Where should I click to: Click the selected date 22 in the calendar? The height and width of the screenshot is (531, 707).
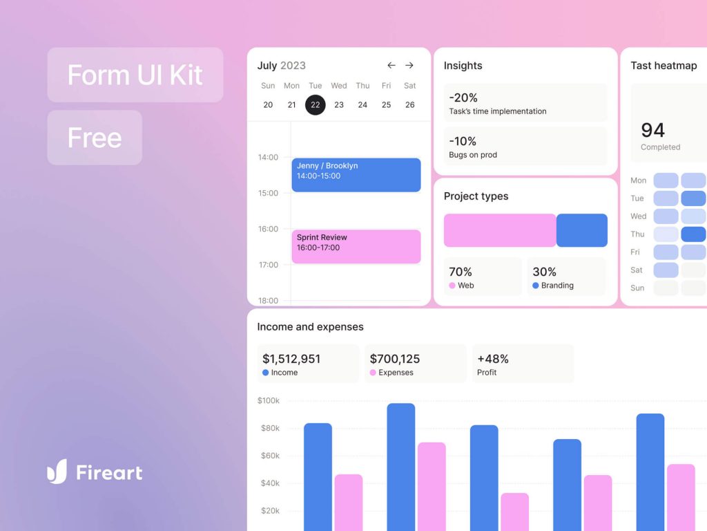tap(316, 104)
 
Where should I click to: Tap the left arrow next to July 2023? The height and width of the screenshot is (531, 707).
tap(391, 66)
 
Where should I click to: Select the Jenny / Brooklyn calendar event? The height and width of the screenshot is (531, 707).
tap(356, 175)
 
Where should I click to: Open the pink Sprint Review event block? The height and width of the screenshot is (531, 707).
tap(356, 246)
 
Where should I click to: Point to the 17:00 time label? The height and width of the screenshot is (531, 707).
tap(268, 265)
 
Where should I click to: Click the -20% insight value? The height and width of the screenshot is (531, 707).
tap(463, 97)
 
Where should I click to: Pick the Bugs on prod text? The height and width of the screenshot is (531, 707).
tap(473, 155)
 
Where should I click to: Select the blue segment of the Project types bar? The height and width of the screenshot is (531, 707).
tap(582, 230)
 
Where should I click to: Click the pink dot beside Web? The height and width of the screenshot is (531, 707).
tap(452, 286)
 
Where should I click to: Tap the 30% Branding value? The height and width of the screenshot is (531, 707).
tap(545, 272)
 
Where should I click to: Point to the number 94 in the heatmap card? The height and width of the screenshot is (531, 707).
tap(652, 130)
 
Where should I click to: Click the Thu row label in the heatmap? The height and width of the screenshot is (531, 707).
tap(637, 234)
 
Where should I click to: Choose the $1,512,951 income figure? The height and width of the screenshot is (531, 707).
tap(291, 359)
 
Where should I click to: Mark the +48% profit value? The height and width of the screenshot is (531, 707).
tap(493, 359)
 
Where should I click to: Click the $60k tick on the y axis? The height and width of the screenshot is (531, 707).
tap(269, 456)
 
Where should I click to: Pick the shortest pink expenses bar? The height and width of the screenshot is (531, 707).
tap(514, 512)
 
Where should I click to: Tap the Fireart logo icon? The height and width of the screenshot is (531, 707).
tap(57, 472)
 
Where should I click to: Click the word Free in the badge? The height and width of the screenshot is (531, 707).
tap(95, 138)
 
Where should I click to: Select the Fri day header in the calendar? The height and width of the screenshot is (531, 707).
tap(386, 86)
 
